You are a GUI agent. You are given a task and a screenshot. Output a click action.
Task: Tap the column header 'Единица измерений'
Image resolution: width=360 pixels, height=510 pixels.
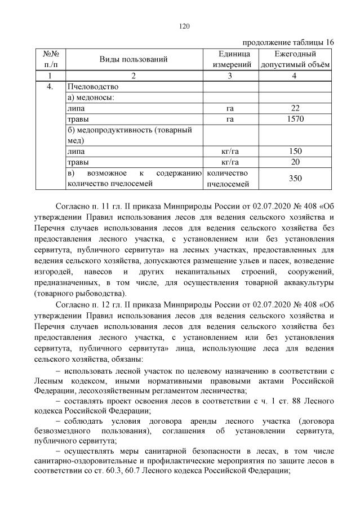tap(230, 59)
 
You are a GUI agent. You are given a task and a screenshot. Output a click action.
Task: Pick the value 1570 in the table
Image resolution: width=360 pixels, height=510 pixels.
tap(295, 119)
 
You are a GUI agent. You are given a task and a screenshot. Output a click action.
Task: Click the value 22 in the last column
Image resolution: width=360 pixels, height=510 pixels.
tap(295, 108)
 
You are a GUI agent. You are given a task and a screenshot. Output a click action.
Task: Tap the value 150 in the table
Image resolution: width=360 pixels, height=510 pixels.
tap(295, 151)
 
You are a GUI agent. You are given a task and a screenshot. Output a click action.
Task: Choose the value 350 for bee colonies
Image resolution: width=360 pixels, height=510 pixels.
tap(295, 178)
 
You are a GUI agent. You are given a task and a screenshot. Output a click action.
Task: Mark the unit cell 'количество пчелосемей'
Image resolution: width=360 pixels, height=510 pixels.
tap(230, 178)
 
